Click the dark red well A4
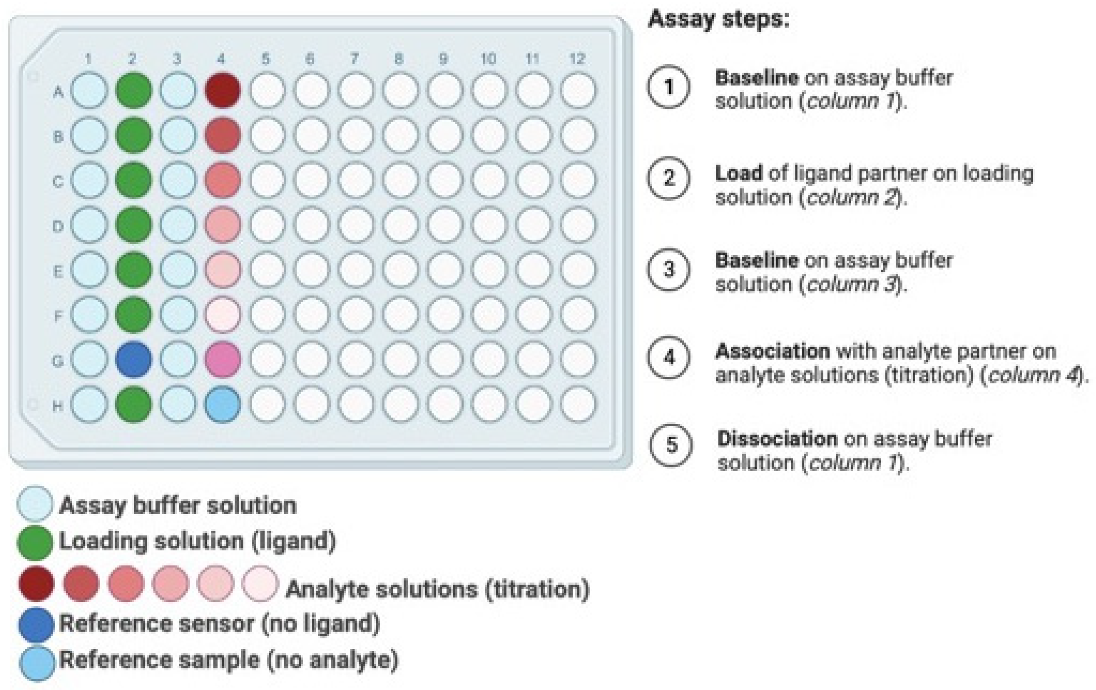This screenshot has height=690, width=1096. coord(222,90)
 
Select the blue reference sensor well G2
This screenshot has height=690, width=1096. coord(133,359)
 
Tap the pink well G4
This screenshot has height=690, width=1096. coord(222,359)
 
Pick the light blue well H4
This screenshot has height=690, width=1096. coord(222,404)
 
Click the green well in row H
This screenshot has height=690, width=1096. coord(133,404)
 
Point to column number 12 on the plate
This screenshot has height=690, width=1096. coord(577,59)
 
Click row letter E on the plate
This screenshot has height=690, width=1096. coord(58,272)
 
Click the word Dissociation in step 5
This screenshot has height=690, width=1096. coord(777,439)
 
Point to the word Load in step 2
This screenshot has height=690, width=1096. coord(738,174)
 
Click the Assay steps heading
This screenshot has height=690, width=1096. coord(718,20)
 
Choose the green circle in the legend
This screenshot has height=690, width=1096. coord(35,543)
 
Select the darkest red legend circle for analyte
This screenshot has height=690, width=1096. coord(36,583)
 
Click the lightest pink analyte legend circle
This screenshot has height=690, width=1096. coord(260,583)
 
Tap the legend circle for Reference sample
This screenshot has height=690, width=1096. coord(37,663)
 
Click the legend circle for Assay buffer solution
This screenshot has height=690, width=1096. coord(35,504)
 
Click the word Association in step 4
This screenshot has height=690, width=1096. coord(772,351)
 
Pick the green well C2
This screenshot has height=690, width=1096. coord(133,180)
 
